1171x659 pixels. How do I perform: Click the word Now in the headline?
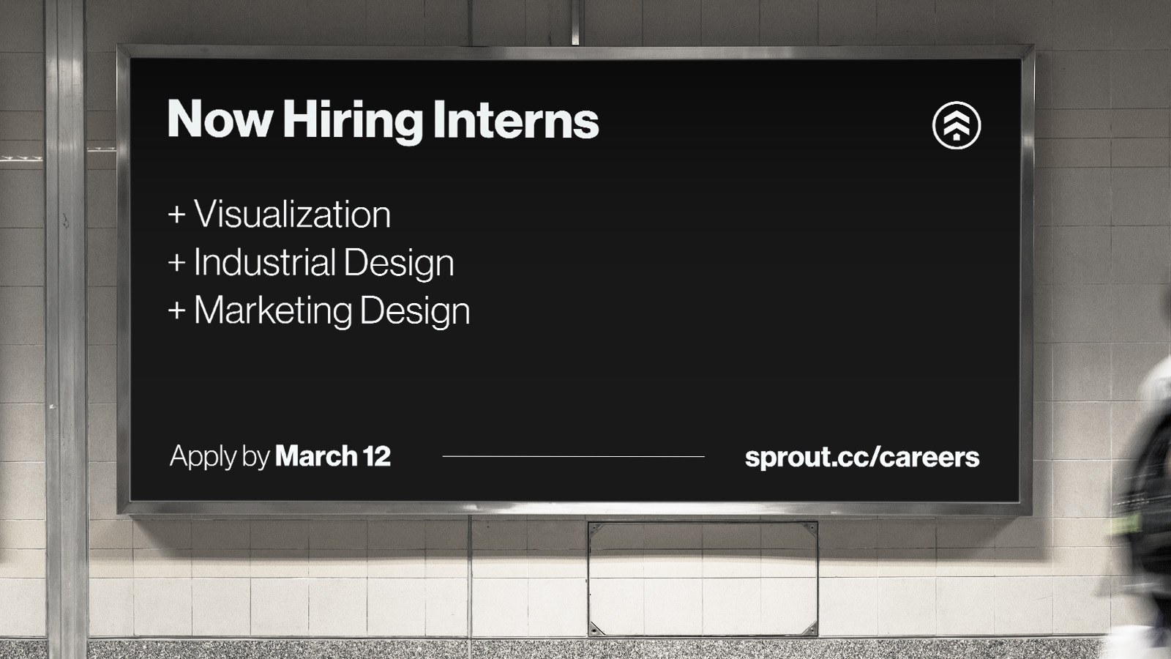(220, 119)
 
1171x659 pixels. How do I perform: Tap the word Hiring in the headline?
(353, 122)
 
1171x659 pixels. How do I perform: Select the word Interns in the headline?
(516, 119)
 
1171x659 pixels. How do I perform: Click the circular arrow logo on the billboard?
(957, 125)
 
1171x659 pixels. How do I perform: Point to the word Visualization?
(292, 214)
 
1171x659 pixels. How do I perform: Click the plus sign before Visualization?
(176, 215)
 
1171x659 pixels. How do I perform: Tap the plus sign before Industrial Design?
(176, 263)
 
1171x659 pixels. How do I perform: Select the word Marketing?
(273, 312)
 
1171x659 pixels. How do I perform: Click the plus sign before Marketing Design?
(176, 310)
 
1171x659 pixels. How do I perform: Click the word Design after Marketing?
(415, 312)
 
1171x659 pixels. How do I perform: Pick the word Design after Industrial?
(399, 264)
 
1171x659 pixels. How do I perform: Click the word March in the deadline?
(316, 455)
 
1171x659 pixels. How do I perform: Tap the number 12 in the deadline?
(377, 456)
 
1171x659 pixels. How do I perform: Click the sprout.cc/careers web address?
(862, 458)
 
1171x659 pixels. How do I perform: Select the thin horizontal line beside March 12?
(574, 457)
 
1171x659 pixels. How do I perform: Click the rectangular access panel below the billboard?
(703, 579)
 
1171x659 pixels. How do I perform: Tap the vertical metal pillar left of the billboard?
(66, 329)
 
